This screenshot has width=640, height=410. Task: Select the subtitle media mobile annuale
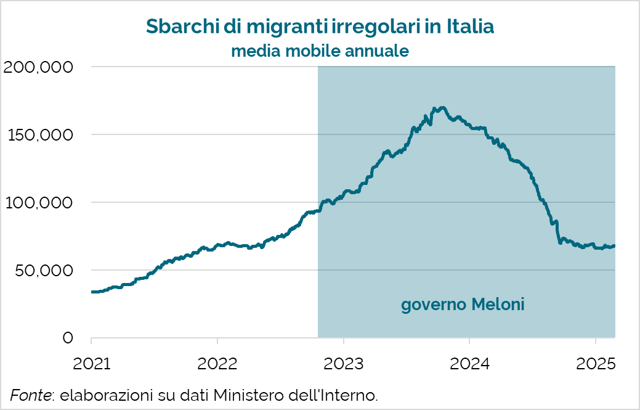coord(320,51)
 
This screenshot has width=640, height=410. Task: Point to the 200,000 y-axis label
coord(38,67)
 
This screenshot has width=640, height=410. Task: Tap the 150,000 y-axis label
coord(39,134)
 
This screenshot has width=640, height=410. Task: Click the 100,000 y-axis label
coord(39,202)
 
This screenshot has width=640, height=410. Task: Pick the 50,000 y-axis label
coord(43,270)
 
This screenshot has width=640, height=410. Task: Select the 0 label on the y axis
coord(68,338)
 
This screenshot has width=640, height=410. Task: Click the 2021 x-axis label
coord(91,364)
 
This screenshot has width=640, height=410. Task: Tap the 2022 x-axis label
coord(217,364)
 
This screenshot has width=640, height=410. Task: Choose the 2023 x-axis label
coord(343,364)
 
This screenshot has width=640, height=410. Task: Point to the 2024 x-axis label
coord(469,364)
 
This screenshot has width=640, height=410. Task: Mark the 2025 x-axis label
coord(595,364)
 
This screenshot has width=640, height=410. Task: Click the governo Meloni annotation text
coord(463,305)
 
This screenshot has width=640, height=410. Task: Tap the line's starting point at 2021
coord(92,292)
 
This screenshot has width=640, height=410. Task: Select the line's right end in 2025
coord(615,246)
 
